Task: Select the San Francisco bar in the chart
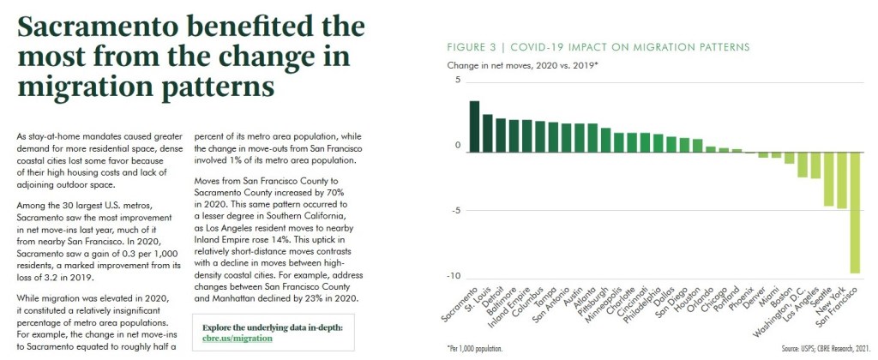855,211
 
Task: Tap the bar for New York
842,178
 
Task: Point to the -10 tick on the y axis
453,276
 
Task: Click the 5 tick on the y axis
457,81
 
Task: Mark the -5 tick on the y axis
454,211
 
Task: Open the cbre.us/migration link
238,339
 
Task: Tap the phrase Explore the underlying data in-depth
273,327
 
